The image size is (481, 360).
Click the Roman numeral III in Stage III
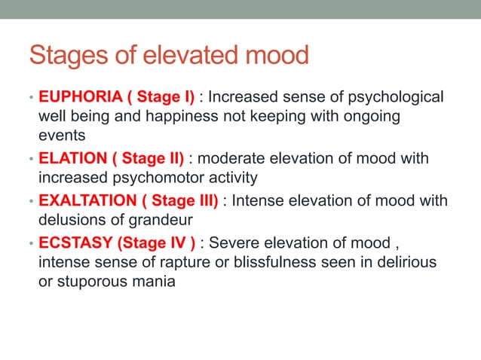tap(206, 201)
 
